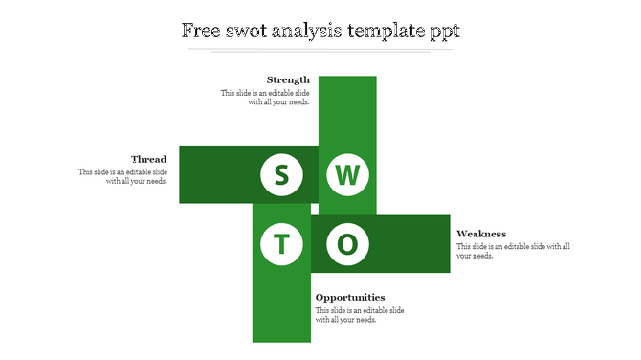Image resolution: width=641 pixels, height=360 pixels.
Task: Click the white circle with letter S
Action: (x=281, y=175)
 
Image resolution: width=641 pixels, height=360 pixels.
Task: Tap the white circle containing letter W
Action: (x=348, y=175)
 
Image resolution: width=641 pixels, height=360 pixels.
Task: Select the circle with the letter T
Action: (x=281, y=244)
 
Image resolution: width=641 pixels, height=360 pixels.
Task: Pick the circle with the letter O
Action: (x=348, y=244)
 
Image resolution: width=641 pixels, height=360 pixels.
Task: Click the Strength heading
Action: (x=288, y=79)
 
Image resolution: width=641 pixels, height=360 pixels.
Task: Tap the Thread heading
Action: (x=149, y=159)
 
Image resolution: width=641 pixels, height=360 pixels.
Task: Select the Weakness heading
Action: (x=481, y=234)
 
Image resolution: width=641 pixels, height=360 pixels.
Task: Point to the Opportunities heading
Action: (x=350, y=297)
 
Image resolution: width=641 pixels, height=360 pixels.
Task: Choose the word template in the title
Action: (x=387, y=31)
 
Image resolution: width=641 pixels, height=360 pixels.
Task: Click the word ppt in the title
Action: (x=444, y=32)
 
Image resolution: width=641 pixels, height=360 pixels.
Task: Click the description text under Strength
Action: (x=265, y=98)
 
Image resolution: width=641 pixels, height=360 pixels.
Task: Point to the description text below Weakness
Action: (x=513, y=251)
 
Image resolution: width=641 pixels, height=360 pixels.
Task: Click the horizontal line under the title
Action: (x=320, y=48)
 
